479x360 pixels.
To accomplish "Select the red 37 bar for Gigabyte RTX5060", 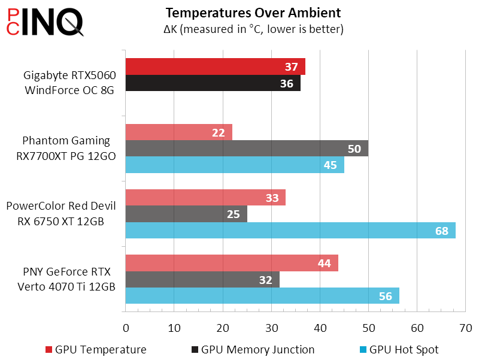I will [215, 66].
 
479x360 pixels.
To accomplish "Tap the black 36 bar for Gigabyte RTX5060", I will [213, 83].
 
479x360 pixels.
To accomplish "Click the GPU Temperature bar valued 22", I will [178, 132].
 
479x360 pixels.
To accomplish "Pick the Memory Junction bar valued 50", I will [247, 149].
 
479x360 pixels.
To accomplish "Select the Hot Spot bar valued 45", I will [235, 165].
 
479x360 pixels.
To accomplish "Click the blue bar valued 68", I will [290, 230].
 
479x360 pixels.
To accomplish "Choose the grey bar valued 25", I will [186, 214].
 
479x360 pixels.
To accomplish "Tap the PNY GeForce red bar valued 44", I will [232, 263].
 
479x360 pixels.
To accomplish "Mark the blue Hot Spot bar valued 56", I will [262, 296].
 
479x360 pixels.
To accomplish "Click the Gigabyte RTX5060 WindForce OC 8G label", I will [69, 83].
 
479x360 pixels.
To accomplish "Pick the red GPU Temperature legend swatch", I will [49, 350].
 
